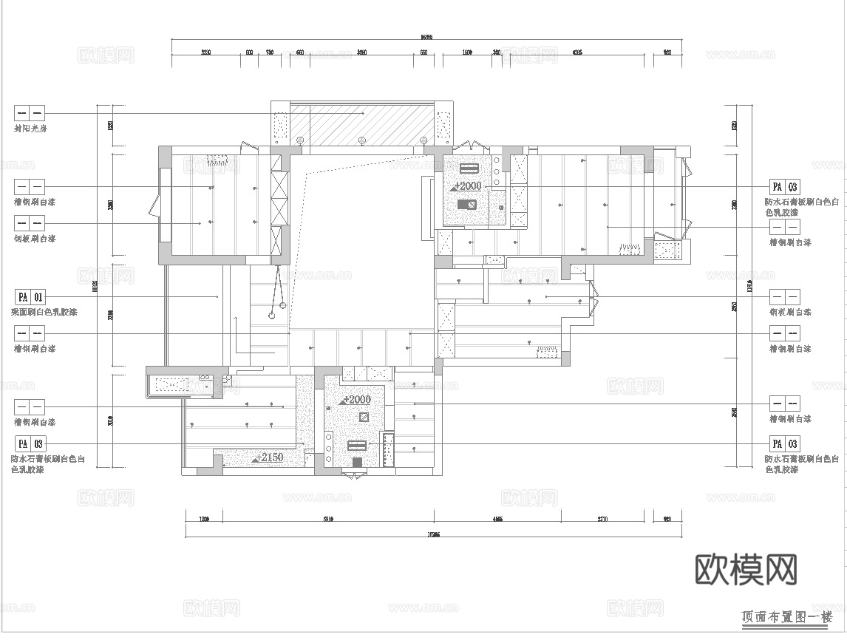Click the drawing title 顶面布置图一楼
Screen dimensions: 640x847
pos(786,616)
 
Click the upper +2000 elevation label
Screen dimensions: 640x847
pos(467,186)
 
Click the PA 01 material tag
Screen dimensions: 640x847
pos(30,297)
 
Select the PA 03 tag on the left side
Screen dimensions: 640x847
pos(30,443)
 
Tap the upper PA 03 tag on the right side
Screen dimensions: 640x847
pos(784,187)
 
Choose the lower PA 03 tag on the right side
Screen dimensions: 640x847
pos(784,443)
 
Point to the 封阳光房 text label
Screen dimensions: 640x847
pos(30,129)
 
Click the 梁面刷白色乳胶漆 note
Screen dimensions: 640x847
pos(45,313)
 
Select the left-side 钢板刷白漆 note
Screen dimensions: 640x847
pos(35,239)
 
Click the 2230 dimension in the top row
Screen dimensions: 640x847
pos(205,52)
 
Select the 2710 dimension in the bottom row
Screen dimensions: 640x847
pos(602,520)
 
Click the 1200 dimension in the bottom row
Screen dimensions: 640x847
pos(205,520)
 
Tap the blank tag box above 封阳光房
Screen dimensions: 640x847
pos(30,113)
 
